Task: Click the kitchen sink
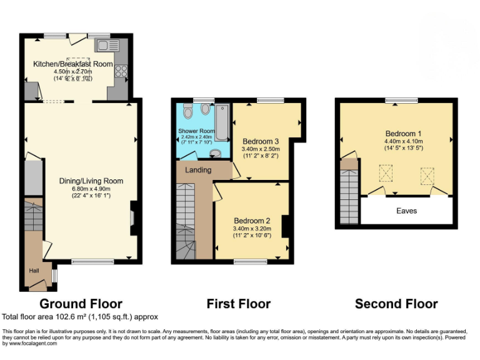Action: tap(105, 44)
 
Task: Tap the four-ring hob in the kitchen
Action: tap(121, 71)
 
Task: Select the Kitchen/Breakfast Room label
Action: tap(73, 64)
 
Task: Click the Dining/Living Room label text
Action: tap(91, 181)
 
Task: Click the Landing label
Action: tap(199, 170)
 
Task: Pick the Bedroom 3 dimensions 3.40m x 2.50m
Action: tap(261, 149)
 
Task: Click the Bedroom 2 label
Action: tap(252, 221)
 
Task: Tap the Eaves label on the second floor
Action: tap(406, 211)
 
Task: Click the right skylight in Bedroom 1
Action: tap(428, 174)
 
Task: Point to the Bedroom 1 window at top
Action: tap(401, 100)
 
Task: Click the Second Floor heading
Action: tap(396, 304)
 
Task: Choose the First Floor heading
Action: tap(239, 304)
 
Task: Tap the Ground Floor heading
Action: tap(81, 304)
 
